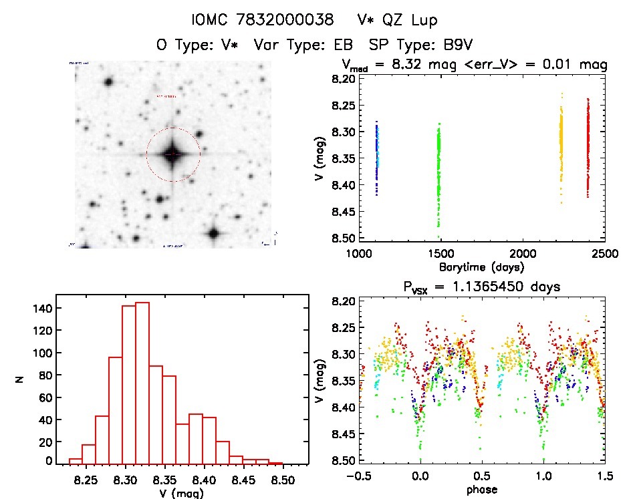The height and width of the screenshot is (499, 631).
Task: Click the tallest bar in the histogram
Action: click(x=142, y=382)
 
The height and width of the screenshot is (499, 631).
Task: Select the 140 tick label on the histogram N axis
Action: click(x=40, y=308)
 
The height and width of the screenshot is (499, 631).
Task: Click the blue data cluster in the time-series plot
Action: click(x=377, y=157)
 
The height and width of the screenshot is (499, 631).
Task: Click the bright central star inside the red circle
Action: click(x=172, y=154)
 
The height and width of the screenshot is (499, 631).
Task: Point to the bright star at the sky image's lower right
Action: click(x=214, y=234)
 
